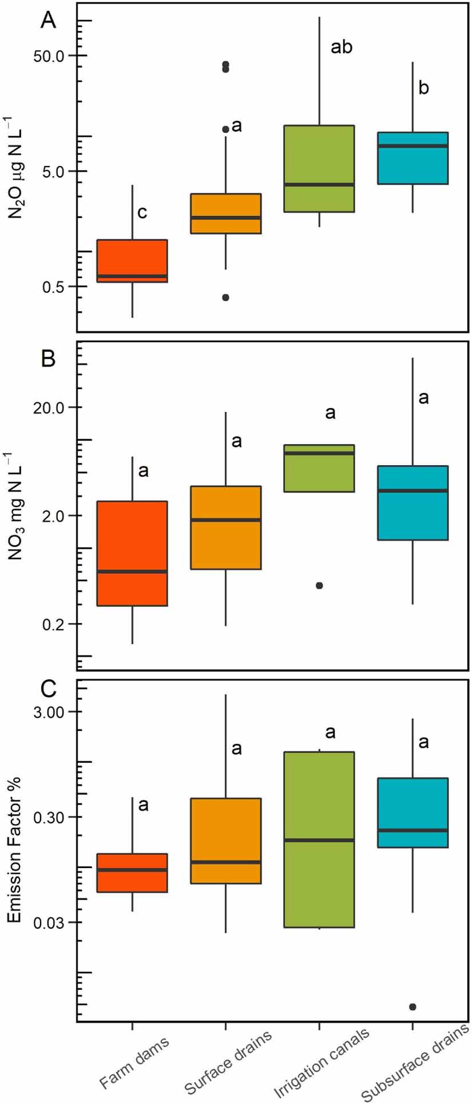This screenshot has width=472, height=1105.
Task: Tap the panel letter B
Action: [49, 359]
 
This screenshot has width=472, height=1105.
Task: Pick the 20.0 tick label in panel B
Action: [49, 407]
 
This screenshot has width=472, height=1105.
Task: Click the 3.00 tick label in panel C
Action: [49, 712]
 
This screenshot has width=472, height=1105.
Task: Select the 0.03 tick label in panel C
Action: [49, 922]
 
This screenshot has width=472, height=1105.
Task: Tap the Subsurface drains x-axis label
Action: [416, 1063]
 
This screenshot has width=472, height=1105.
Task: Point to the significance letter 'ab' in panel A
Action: [342, 47]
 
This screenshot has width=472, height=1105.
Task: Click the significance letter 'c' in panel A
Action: [142, 213]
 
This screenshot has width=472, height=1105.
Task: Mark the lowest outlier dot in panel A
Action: [225, 298]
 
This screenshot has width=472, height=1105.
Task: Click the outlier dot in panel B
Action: [319, 585]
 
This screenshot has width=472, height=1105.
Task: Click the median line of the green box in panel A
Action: [319, 184]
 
